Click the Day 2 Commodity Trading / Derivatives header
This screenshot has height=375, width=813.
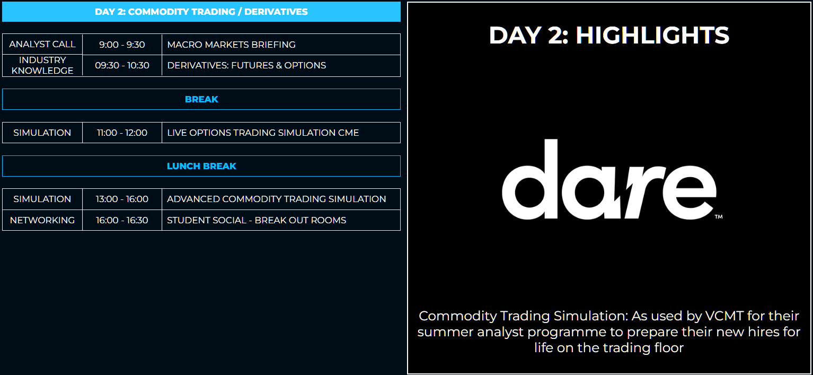tap(201, 12)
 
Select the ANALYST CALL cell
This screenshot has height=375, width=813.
tap(42, 45)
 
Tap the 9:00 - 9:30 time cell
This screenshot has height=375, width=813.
tap(122, 45)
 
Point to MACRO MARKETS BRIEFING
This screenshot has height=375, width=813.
tap(231, 45)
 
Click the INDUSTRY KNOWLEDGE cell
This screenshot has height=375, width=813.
tap(42, 65)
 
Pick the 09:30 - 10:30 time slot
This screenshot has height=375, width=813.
tap(122, 65)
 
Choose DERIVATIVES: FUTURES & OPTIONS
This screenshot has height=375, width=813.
tap(246, 65)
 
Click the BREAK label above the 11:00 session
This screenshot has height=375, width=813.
tap(201, 99)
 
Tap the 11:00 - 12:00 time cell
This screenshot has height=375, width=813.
tap(122, 133)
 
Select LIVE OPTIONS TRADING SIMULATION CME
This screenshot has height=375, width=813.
tap(263, 133)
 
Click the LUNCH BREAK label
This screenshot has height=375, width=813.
tap(201, 166)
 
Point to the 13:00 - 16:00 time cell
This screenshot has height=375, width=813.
tap(122, 199)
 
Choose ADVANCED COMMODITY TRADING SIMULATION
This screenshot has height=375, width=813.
tap(276, 199)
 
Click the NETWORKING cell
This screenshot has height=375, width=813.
tap(42, 220)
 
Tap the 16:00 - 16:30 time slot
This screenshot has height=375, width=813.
tap(122, 220)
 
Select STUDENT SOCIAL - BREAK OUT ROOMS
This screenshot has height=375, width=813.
tap(256, 220)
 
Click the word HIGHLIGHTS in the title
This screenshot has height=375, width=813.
tap(652, 35)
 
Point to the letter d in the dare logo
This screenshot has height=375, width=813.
tap(530, 179)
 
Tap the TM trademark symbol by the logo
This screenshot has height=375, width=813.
tap(719, 217)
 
